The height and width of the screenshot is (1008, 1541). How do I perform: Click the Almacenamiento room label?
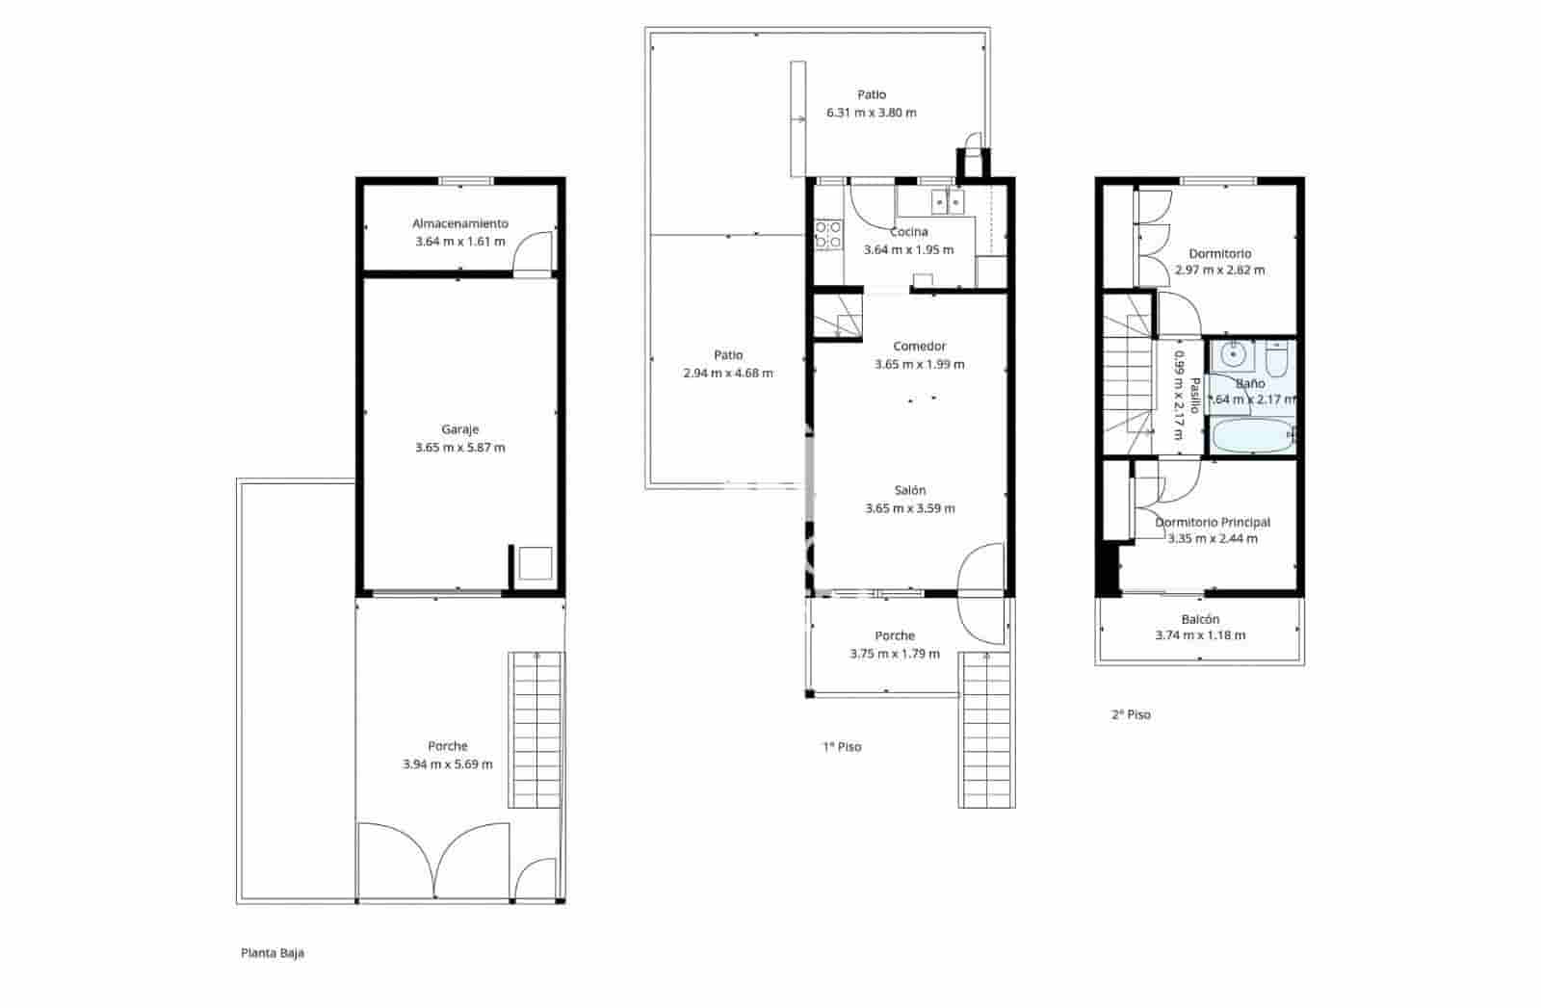point(459,223)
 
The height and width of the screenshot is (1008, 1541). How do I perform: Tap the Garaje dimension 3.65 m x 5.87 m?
point(459,448)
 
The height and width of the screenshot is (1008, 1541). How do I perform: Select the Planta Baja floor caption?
point(273,953)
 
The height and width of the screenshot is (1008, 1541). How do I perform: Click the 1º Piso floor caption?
point(842,746)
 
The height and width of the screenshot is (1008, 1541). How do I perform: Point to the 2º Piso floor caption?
point(1131,714)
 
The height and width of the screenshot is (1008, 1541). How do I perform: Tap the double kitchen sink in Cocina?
point(947,202)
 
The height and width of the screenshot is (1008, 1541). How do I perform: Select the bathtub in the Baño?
point(1251,437)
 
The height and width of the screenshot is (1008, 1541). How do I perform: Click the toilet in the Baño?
point(1278,360)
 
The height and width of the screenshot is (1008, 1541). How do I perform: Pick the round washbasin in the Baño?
point(1233,356)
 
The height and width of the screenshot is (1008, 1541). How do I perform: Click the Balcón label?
point(1200,619)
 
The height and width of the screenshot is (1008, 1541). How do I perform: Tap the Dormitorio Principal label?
point(1213,522)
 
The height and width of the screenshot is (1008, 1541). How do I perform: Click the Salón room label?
point(909,490)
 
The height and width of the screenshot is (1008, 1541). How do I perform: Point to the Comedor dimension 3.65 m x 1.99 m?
point(919,364)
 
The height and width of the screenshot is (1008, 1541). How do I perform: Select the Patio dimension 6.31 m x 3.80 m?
point(871,113)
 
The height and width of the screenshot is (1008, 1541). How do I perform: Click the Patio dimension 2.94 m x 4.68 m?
point(727,374)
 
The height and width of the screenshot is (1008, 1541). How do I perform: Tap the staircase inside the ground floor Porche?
point(535,730)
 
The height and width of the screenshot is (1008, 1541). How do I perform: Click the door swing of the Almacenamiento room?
point(533,254)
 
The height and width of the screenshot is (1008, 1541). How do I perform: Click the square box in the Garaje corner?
point(535,563)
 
